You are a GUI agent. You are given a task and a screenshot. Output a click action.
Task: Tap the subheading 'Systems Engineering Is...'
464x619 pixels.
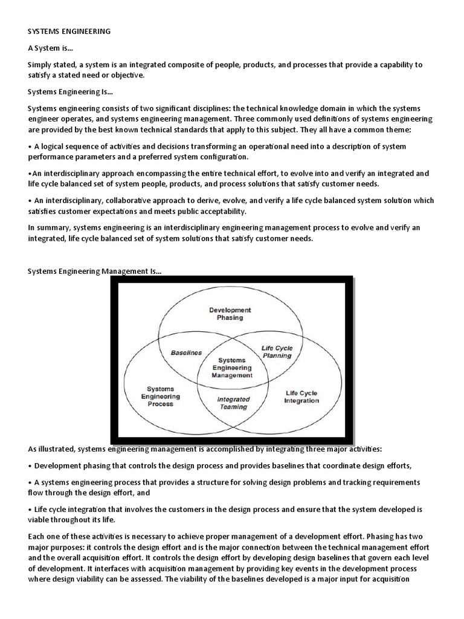tap(70, 92)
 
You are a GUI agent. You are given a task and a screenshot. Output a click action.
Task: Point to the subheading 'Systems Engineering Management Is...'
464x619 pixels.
tap(94, 273)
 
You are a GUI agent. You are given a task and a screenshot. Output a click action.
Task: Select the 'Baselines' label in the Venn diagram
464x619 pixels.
tap(186, 352)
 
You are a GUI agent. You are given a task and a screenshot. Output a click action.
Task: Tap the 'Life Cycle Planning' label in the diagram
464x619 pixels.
tap(276, 352)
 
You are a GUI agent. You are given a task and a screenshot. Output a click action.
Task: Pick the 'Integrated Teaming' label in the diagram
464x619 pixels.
tap(233, 403)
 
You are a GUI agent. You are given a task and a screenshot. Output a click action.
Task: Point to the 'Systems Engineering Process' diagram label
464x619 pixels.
tap(160, 397)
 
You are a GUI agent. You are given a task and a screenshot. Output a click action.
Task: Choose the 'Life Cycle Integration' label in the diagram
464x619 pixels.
tap(301, 397)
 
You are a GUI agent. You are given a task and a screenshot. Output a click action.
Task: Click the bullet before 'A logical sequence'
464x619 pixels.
tap(30, 147)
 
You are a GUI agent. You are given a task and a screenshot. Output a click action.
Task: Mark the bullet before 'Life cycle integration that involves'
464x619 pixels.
tap(30, 510)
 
